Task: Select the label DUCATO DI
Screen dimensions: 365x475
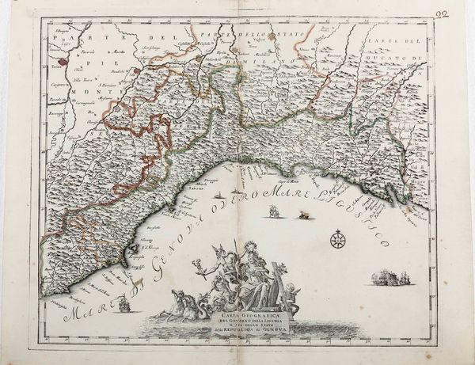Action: pyautogui.click(x=392, y=58)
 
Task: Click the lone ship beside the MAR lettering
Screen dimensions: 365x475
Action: pyautogui.click(x=273, y=211)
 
